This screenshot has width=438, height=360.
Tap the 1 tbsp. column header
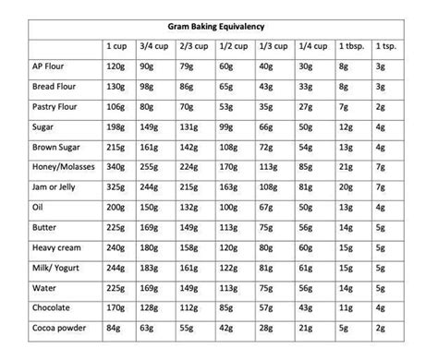pos(352,45)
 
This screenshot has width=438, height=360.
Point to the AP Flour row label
pos(51,67)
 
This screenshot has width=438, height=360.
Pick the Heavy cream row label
pos(57,247)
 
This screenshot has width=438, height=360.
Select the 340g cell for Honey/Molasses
pos(117,168)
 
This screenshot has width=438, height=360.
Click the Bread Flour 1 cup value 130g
pos(117,87)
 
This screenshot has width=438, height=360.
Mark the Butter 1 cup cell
pos(117,227)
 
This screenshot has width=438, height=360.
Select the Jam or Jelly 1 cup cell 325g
pos(117,187)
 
